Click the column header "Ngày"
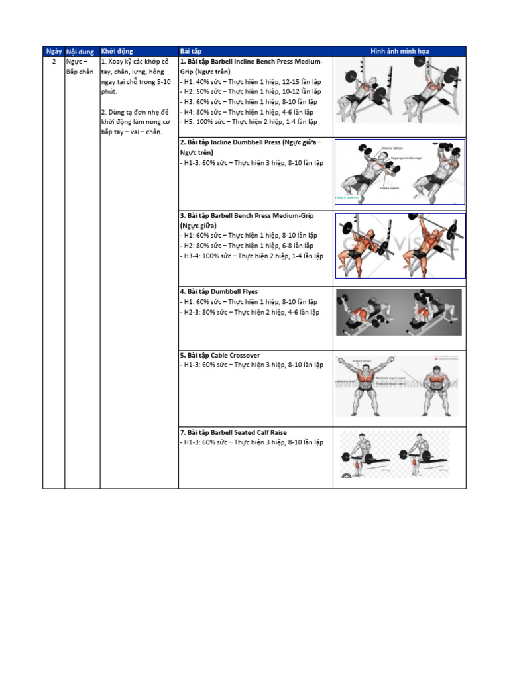coord(54,51)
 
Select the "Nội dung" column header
coord(80,51)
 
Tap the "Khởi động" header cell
coord(117,51)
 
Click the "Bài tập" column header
coord(191,51)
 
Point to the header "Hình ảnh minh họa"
coord(399,51)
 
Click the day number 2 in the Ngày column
coord(54,62)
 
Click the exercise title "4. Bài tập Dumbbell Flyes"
coord(219,291)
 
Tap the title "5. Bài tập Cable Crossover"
coord(220,355)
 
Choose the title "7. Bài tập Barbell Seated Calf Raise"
coord(233,432)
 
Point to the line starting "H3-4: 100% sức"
coord(252,256)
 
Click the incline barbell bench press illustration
coord(399,91)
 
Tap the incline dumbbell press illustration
coord(399,171)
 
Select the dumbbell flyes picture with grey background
coord(399,312)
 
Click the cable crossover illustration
coord(399,386)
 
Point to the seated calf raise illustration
coord(395,454)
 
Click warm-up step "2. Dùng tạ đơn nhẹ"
coord(135,122)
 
